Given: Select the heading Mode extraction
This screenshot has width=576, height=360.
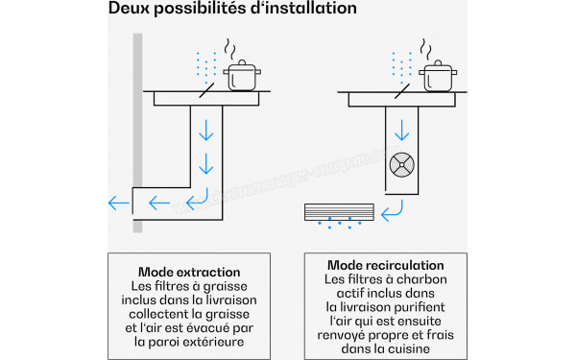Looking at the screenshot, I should (189, 273).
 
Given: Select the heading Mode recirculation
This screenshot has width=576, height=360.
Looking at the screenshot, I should (386, 265).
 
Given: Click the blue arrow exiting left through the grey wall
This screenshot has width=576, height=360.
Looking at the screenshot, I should (118, 203).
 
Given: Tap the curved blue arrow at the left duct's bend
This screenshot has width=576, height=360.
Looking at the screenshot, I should (196, 200).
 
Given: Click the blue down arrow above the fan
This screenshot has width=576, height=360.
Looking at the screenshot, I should (401, 128).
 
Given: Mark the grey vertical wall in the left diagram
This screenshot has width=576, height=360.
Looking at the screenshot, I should (139, 134).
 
